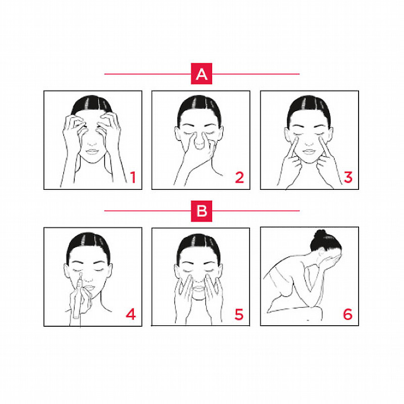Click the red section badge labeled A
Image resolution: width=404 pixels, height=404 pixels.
point(201,74)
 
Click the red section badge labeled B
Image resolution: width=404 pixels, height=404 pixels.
point(201,211)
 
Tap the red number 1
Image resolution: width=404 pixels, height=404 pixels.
point(133,177)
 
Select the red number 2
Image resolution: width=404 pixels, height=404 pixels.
point(239,177)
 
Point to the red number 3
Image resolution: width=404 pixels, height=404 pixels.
point(348,177)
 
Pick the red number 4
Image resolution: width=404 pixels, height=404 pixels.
point(131,314)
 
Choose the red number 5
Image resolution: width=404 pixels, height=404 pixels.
point(239,314)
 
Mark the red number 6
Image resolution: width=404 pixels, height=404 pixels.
point(347,314)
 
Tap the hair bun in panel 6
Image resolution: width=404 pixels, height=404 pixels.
point(320,234)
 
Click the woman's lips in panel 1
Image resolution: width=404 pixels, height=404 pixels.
point(92,151)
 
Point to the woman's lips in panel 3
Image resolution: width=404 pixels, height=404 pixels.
point(309,152)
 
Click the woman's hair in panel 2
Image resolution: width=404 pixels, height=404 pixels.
point(199,108)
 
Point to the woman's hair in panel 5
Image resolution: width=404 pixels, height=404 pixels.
point(198,246)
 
